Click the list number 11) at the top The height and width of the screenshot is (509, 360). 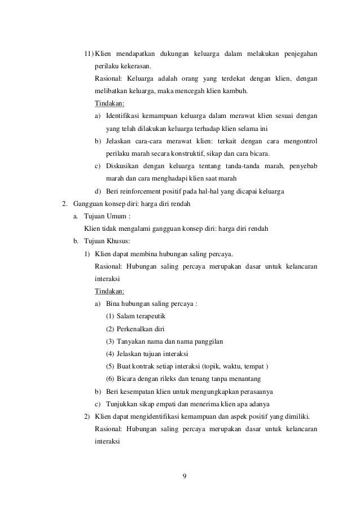point(89,54)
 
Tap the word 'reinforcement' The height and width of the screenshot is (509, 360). point(143,191)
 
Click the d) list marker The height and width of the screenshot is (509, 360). point(98,191)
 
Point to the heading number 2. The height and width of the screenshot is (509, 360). point(64,204)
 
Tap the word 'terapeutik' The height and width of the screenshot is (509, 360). point(149,315)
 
